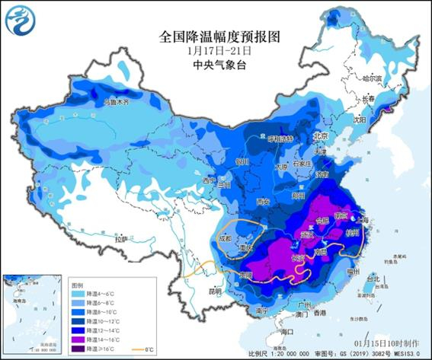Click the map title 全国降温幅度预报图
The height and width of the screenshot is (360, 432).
point(216,37)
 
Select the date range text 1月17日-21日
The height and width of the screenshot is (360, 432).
point(216,50)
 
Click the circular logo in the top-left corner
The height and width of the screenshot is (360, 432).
point(21,21)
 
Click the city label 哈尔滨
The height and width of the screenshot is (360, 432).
point(371,78)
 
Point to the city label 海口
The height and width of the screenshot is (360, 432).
point(286,333)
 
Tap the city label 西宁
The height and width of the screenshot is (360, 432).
point(209,181)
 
